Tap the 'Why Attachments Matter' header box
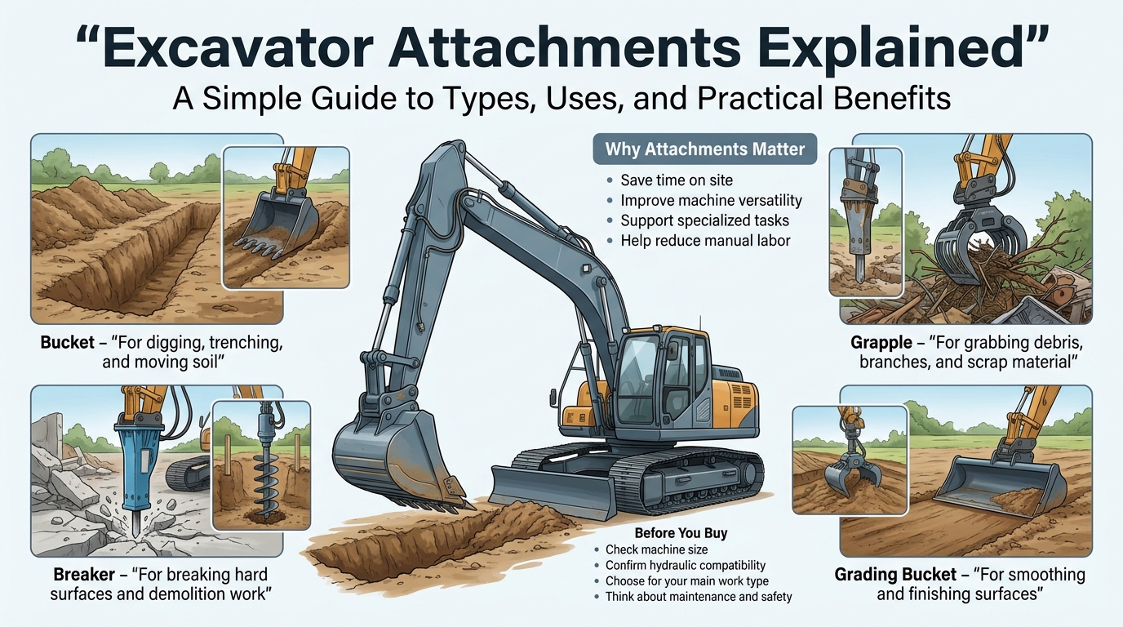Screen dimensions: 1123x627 tap(705, 149)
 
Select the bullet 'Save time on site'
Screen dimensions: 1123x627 tap(677, 180)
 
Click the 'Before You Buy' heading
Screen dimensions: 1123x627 tap(681, 532)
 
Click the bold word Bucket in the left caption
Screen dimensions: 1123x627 tap(67, 343)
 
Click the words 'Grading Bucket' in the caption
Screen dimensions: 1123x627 tap(895, 574)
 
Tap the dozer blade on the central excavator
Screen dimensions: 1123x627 tap(553, 491)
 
